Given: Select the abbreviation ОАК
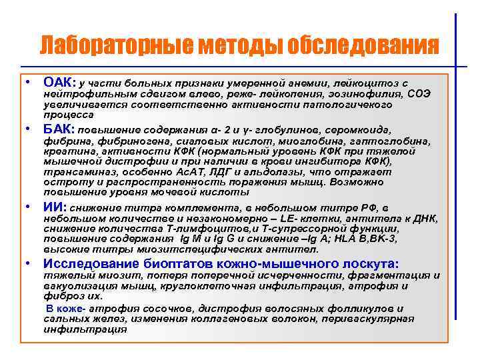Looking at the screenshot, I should [x=59, y=83].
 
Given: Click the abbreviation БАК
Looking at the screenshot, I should [x=59, y=129].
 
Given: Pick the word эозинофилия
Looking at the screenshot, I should [x=373, y=94].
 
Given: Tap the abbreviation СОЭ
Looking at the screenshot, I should [x=419, y=94].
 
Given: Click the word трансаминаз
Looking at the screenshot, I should [x=73, y=171].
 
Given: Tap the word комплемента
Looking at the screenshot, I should [x=181, y=207].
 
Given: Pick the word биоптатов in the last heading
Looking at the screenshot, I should [x=171, y=263].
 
